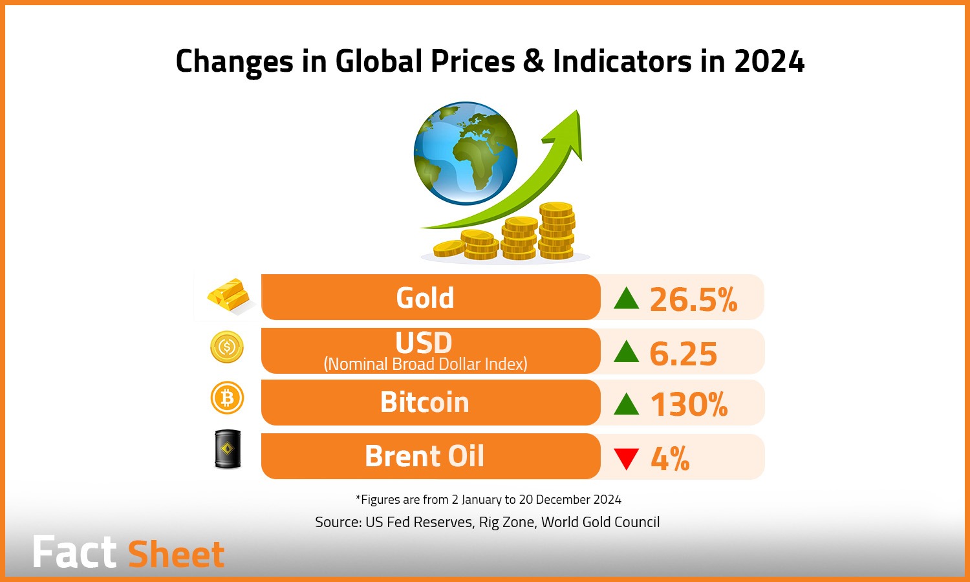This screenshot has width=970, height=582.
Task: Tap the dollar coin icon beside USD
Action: point(227,347)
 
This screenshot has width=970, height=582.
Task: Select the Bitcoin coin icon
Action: point(227,398)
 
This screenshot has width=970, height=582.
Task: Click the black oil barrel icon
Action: point(228,449)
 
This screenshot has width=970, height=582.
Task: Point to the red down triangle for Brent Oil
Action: point(626,458)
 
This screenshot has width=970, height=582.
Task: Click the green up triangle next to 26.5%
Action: point(626,298)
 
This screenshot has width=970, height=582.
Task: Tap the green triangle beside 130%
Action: point(626,404)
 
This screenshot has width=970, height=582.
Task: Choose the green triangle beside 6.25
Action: point(626,352)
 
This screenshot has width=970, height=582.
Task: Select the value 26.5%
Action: point(693,299)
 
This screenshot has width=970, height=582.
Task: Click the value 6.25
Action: point(683,354)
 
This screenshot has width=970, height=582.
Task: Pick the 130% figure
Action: point(689,405)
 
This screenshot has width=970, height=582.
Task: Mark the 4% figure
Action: point(669,458)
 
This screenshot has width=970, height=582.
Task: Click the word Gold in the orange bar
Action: point(425,297)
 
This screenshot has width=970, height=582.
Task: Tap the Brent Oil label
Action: point(424,456)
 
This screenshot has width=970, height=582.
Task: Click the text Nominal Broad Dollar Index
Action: point(426,364)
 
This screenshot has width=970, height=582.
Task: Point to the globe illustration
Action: point(466,153)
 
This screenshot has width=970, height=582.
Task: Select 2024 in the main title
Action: point(769,61)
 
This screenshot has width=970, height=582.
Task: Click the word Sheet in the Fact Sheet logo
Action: point(176,554)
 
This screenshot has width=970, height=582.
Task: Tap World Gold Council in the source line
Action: point(600,522)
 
